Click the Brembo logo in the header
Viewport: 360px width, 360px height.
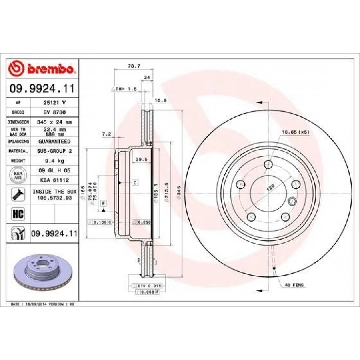tap(42, 69)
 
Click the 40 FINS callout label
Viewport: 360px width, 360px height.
tap(294, 285)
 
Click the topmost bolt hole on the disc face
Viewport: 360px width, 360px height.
tap(268, 164)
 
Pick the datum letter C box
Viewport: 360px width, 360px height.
tap(135, 183)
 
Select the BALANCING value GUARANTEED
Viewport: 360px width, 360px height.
tap(54, 142)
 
